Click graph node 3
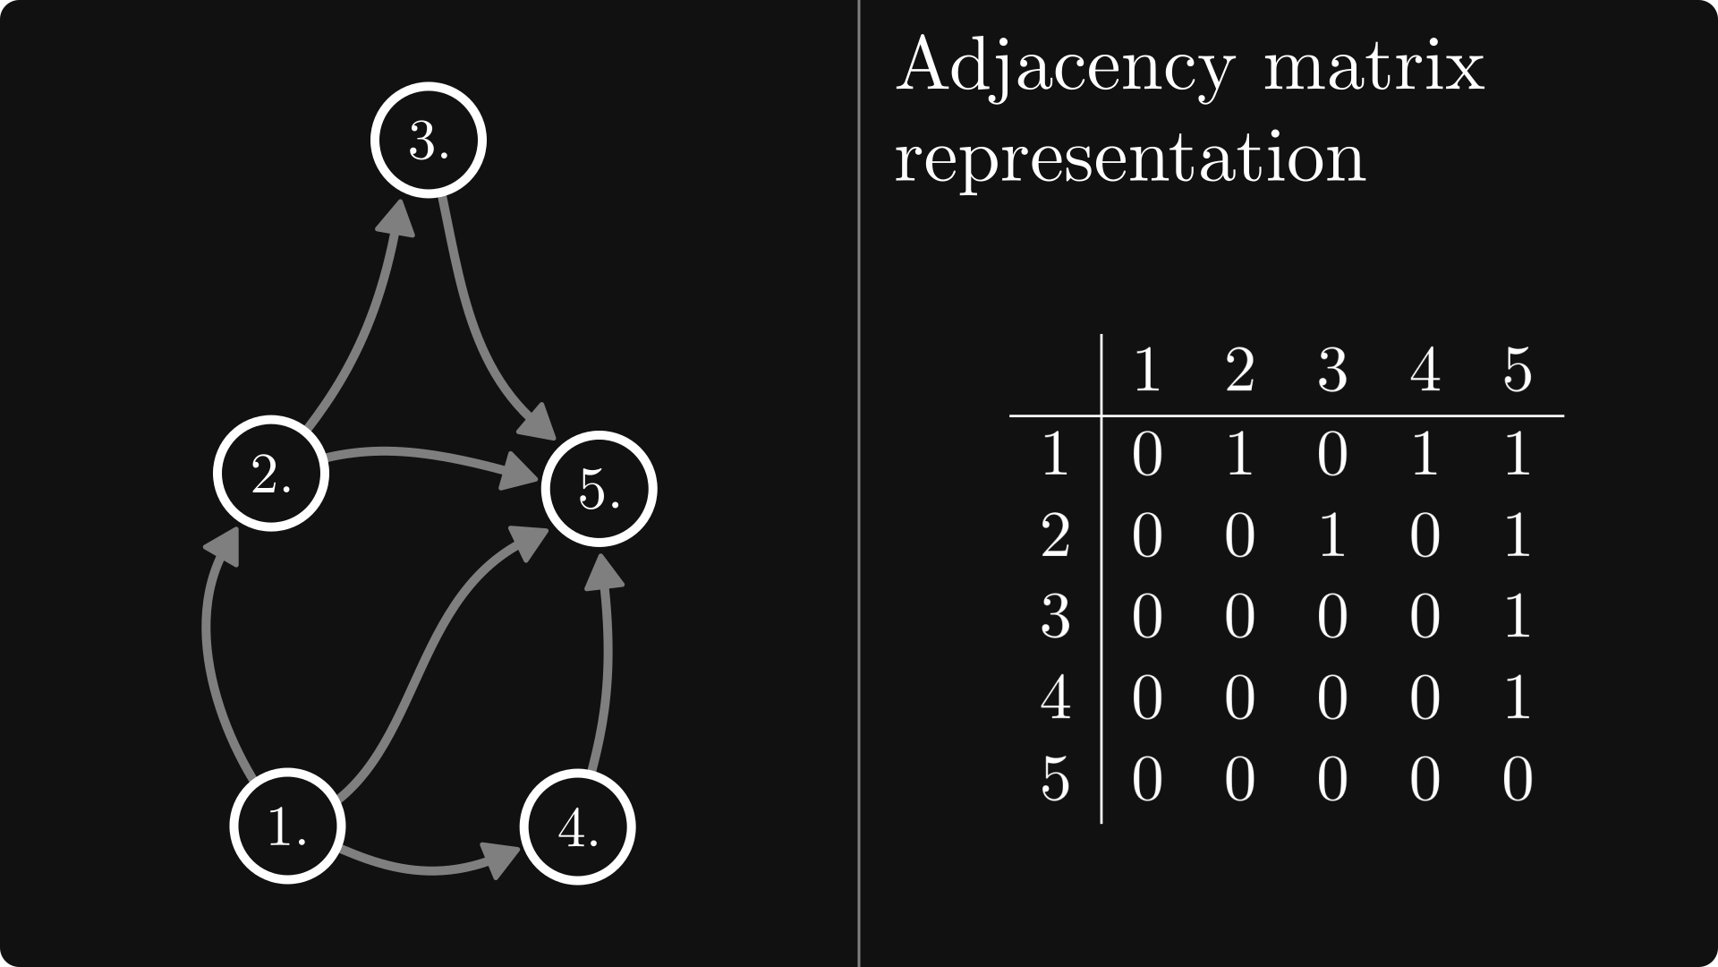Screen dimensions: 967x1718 click(x=429, y=139)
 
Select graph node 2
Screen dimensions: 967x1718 click(x=271, y=473)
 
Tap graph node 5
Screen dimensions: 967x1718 click(x=599, y=488)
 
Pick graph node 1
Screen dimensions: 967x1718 click(x=287, y=826)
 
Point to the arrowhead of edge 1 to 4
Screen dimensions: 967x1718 click(x=503, y=859)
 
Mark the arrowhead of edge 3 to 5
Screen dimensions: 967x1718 click(x=540, y=421)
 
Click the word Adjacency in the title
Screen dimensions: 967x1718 click(x=1065, y=67)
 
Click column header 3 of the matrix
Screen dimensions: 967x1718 click(x=1332, y=371)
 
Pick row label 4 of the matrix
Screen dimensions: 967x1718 click(x=1056, y=697)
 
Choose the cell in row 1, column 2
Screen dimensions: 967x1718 click(x=1239, y=455)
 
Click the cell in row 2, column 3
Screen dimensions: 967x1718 click(x=1332, y=536)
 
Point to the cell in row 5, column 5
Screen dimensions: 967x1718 click(x=1518, y=779)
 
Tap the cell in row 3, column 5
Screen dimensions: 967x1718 click(x=1518, y=617)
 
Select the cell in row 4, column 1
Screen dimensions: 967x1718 click(x=1147, y=697)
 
